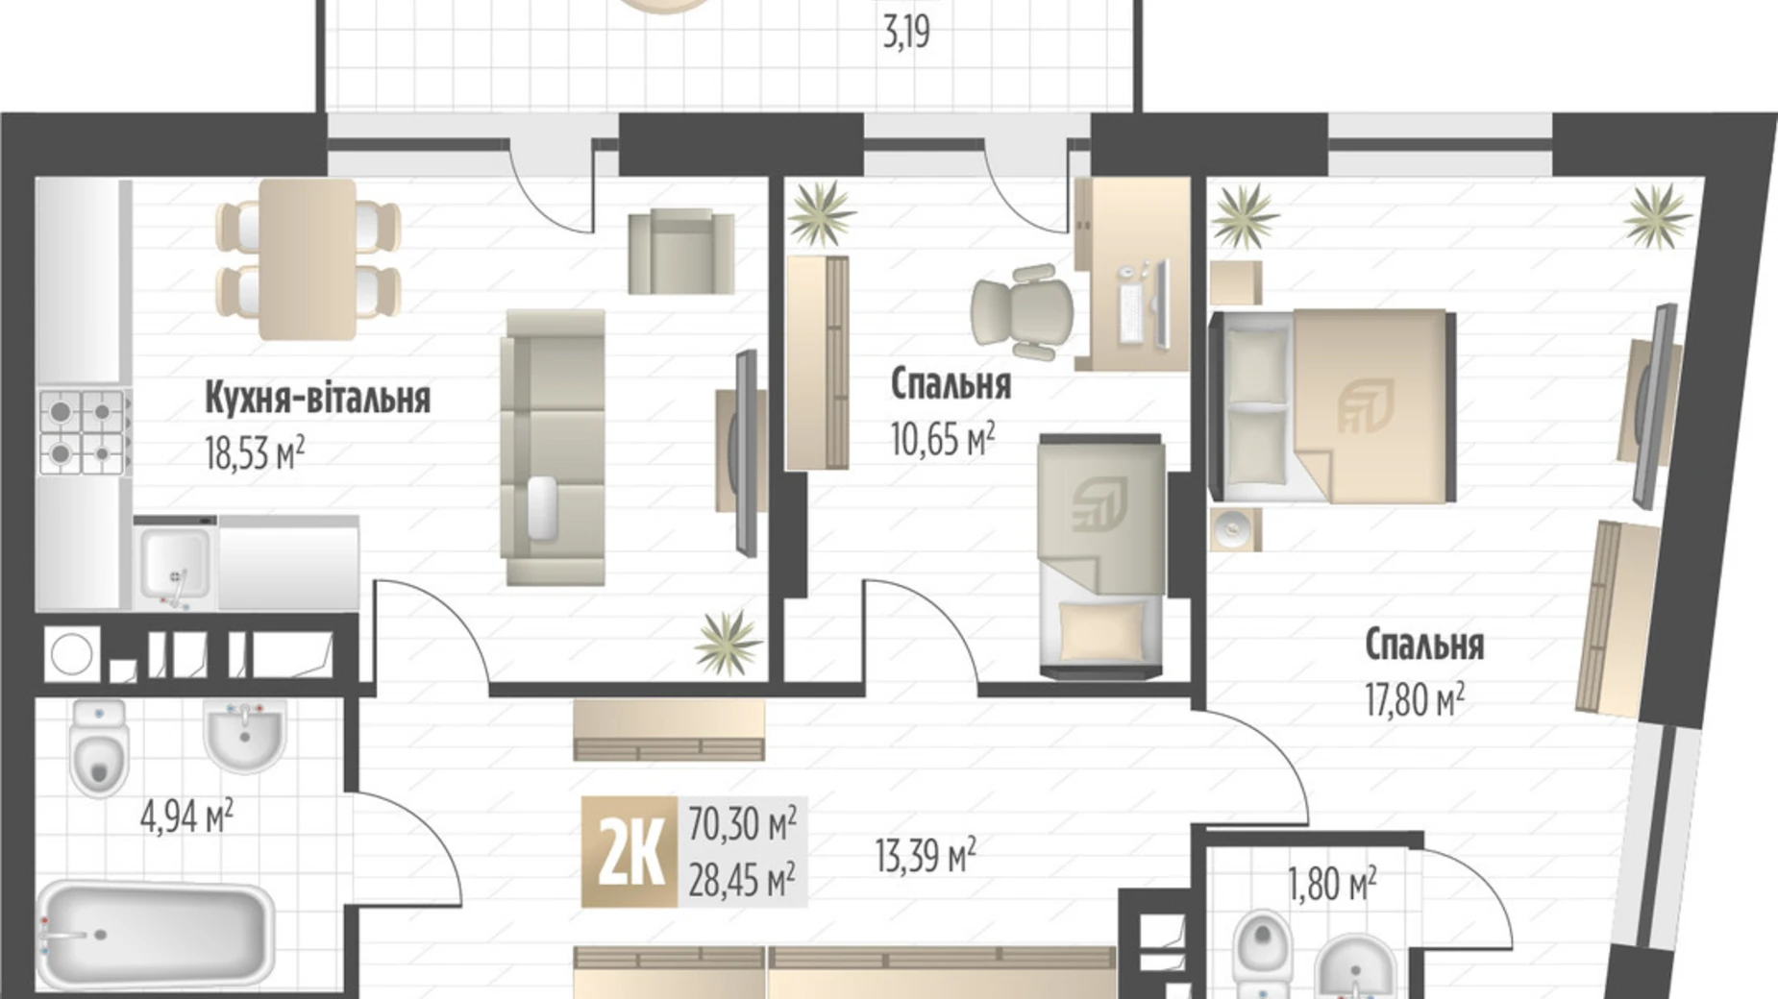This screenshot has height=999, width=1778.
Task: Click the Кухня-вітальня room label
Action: pos(317,397)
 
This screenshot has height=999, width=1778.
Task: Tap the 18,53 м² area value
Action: pos(255,452)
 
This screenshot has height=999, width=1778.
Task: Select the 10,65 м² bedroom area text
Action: pos(942,439)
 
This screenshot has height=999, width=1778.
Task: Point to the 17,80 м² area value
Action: pos(1415,699)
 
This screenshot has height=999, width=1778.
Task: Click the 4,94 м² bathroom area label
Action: pos(186,817)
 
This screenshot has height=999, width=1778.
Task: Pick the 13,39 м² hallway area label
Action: pos(926,854)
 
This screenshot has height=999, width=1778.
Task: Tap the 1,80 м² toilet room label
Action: pos(1332,884)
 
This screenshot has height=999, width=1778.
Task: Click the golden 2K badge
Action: pos(630,852)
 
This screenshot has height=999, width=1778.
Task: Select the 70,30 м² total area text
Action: pos(742,823)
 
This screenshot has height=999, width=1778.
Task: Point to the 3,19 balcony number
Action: pos(906,34)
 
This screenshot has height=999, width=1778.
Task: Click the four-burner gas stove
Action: pos(84,432)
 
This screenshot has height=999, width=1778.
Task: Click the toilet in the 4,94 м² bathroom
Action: pos(99,747)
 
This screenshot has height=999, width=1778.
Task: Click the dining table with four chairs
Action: pos(309,259)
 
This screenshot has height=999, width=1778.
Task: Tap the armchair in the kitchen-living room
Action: pos(681,252)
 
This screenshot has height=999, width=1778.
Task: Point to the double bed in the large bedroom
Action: pos(1332,406)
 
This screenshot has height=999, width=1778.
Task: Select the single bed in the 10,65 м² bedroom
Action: pos(1102,556)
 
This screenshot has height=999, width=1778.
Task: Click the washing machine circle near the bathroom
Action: pos(72,655)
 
